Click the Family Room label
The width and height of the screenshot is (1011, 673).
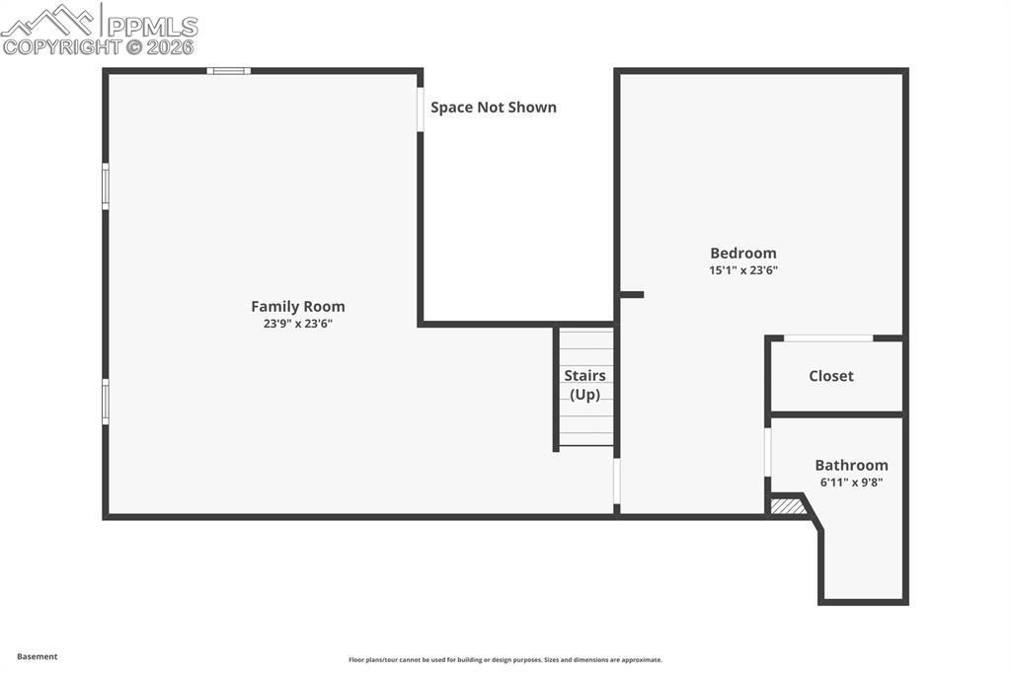click(x=297, y=307)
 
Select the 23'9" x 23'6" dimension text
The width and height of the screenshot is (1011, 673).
click(x=297, y=324)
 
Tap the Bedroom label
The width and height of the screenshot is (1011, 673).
click(x=743, y=254)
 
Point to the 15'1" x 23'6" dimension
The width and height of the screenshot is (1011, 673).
click(x=743, y=270)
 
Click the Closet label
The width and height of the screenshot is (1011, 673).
click(x=831, y=376)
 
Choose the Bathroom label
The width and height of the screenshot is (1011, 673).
click(x=851, y=465)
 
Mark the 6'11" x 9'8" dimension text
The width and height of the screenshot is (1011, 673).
click(x=851, y=483)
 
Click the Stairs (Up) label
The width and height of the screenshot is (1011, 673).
click(x=584, y=385)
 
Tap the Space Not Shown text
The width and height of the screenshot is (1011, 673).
click(x=493, y=108)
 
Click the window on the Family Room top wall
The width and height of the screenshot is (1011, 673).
click(x=228, y=71)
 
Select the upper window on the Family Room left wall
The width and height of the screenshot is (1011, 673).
click(x=106, y=187)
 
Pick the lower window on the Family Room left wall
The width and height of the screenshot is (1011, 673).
click(x=106, y=403)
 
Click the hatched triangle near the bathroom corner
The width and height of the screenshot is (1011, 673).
click(x=787, y=506)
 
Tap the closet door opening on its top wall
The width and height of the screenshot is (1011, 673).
click(x=827, y=338)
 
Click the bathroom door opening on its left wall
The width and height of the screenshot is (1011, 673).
click(x=768, y=452)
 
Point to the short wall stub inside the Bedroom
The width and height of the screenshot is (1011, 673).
click(x=632, y=294)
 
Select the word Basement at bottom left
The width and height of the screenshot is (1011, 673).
click(x=38, y=656)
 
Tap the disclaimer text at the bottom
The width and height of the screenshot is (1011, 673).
click(x=505, y=660)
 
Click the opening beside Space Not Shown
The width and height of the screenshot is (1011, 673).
click(x=421, y=110)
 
